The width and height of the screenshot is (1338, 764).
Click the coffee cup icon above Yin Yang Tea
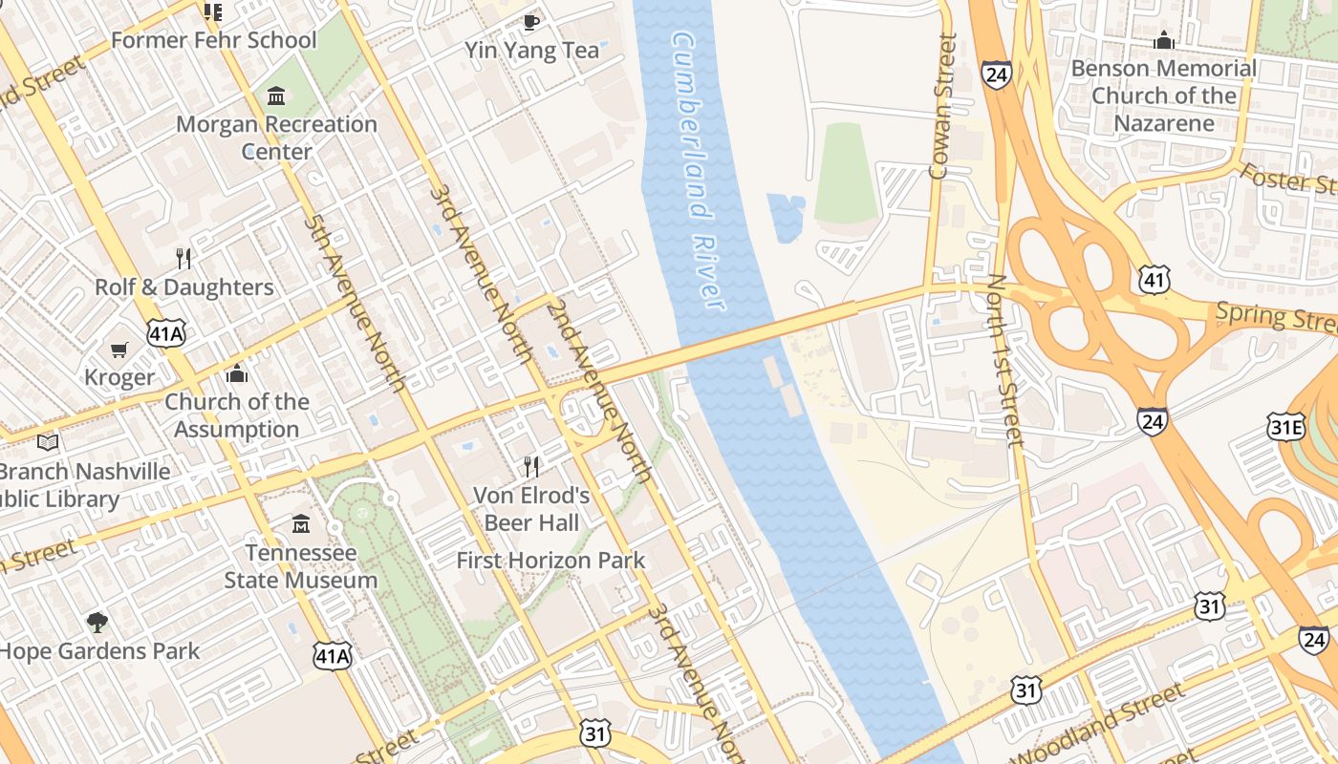tap(531, 21)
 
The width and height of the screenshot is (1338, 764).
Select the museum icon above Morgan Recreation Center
tap(276, 95)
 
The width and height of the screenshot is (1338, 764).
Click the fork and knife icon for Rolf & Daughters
tap(183, 258)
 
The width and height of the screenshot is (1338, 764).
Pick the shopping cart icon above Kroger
tap(119, 350)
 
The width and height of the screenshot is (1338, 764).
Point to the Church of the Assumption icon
tap(237, 373)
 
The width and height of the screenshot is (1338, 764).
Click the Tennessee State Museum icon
tap(301, 524)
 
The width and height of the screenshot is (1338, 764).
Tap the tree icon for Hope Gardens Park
tap(97, 623)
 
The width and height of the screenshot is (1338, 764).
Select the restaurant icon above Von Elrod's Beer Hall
tap(531, 466)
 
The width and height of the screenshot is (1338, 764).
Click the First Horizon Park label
tap(550, 561)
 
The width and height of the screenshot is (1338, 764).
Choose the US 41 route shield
tap(1155, 279)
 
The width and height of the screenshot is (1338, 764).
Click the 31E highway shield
tap(1286, 427)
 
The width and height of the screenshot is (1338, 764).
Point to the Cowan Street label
tap(942, 107)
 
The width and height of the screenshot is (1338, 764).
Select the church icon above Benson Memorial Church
tap(1163, 40)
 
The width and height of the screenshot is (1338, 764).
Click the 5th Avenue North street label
tap(355, 304)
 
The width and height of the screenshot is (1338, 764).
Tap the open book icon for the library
tap(48, 442)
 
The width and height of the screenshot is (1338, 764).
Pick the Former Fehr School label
tap(213, 40)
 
